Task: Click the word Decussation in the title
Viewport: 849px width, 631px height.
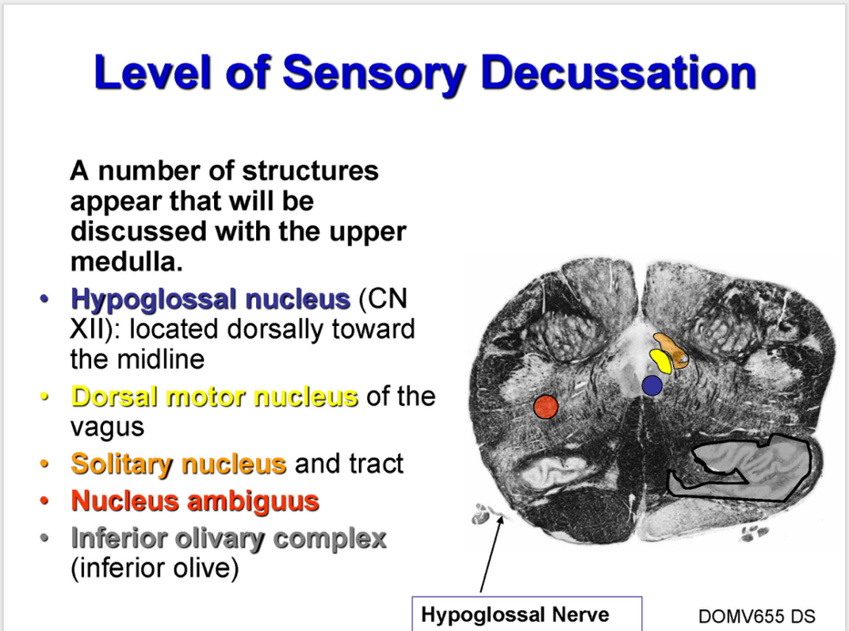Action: click(x=618, y=73)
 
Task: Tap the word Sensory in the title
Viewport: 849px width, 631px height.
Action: click(x=373, y=74)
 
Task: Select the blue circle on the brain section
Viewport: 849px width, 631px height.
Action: click(x=652, y=385)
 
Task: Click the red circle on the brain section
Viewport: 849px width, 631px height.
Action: click(x=546, y=406)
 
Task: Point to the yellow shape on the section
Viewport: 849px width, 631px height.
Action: click(x=661, y=361)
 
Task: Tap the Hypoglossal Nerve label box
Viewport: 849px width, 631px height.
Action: click(x=527, y=615)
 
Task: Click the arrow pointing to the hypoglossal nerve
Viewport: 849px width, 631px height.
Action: click(x=491, y=554)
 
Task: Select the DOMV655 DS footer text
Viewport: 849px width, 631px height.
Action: click(x=756, y=616)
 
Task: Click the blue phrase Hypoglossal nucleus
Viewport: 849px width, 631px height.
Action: click(x=210, y=299)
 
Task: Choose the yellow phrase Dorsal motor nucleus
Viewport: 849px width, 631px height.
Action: click(x=214, y=397)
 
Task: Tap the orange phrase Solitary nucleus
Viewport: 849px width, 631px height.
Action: click(x=179, y=463)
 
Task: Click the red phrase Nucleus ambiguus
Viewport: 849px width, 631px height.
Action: click(x=195, y=501)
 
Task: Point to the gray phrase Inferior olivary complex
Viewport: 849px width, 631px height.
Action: click(x=229, y=538)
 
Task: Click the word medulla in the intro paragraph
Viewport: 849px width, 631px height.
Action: click(x=127, y=262)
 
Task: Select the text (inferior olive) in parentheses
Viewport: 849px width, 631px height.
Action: click(x=155, y=568)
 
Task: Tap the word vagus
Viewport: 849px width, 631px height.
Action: click(x=107, y=428)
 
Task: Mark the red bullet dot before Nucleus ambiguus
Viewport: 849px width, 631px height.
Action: click(x=45, y=501)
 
